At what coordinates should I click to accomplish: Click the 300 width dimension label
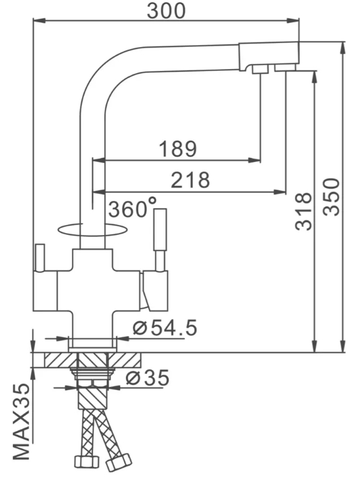point(166,11)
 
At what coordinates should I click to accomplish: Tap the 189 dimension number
point(178,148)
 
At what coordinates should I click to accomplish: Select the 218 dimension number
point(190,180)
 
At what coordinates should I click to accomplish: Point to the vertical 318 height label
point(303,211)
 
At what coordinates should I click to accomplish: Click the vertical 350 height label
point(331,196)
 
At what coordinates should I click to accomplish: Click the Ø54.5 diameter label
point(165,328)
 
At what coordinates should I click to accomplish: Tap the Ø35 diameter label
point(148,378)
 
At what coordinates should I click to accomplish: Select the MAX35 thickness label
point(21,422)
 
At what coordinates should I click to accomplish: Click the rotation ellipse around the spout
point(93,235)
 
